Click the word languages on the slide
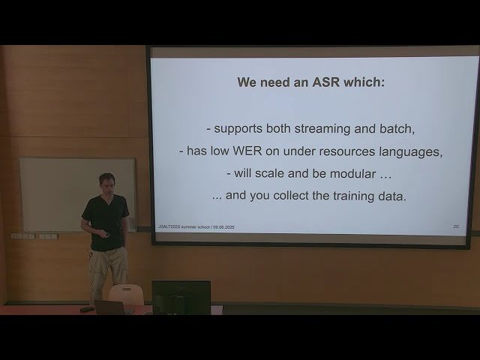pyautogui.click(x=408, y=151)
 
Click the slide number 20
pyautogui.click(x=455, y=226)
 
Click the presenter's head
pyautogui.click(x=106, y=184)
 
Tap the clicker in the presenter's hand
pyautogui.click(x=107, y=233)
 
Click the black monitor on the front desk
pyautogui.click(x=181, y=295)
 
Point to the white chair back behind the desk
pyautogui.click(x=126, y=293)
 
